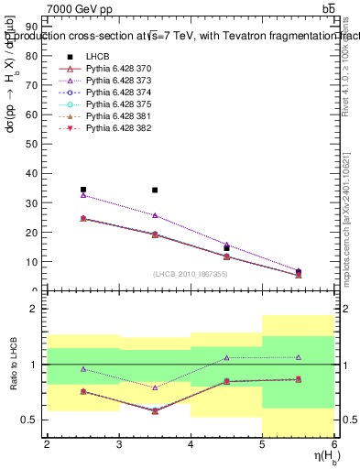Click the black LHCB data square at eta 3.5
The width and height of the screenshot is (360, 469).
coord(155,191)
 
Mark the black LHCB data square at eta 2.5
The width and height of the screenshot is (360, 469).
coord(82,190)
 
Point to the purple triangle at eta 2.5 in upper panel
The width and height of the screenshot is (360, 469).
coord(82,195)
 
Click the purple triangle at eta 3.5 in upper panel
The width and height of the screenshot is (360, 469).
coord(155,215)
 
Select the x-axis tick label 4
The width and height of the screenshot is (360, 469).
coord(191,443)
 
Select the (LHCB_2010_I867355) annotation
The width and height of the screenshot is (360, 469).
coord(191,275)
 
